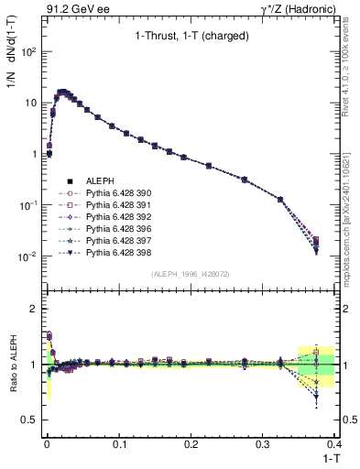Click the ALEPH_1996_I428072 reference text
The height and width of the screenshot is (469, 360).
click(190, 275)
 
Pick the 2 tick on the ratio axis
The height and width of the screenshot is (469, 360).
click(34, 309)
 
